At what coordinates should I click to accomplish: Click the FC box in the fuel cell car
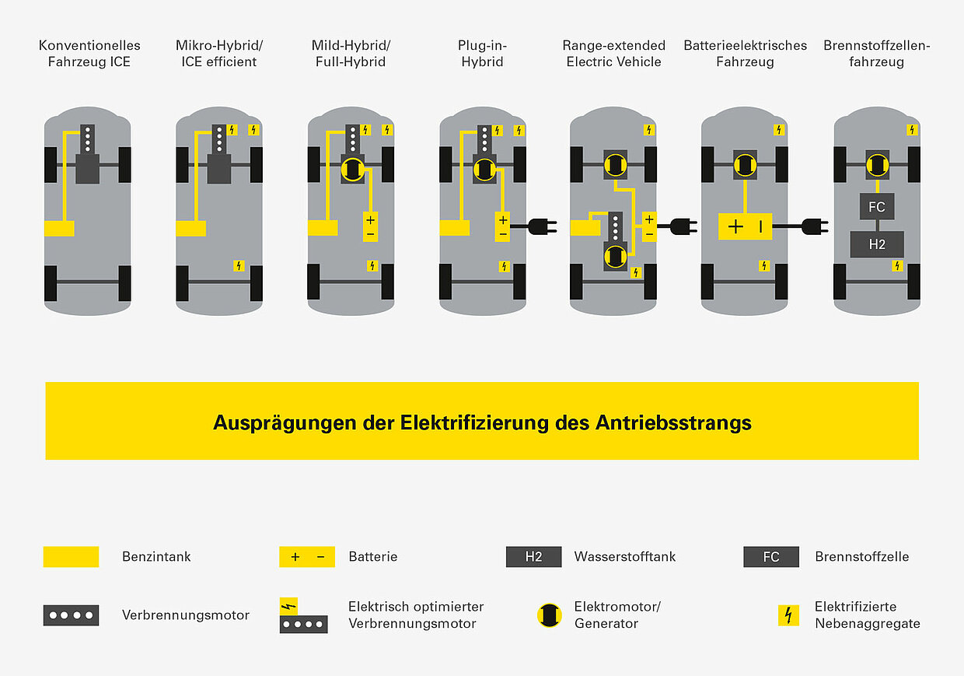(876, 207)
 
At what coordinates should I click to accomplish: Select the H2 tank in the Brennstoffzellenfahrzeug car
(876, 244)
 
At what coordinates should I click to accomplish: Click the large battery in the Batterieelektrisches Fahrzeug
(745, 226)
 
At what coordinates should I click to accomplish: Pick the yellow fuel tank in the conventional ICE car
(59, 228)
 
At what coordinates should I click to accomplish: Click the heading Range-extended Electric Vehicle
(613, 54)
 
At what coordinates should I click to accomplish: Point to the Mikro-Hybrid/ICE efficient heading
(219, 54)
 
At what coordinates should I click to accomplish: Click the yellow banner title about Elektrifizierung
(482, 423)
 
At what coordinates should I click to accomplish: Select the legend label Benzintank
(156, 557)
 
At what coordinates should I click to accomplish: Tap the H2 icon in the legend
(533, 557)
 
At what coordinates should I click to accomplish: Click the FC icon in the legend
(770, 557)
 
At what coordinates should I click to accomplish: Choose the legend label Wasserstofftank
(624, 557)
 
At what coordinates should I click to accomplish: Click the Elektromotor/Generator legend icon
(549, 615)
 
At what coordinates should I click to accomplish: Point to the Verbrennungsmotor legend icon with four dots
(71, 615)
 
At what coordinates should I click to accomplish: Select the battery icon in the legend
(307, 557)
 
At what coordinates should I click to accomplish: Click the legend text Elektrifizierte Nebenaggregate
(867, 615)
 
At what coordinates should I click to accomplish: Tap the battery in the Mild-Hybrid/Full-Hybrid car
(370, 226)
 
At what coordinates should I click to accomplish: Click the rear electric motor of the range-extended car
(615, 255)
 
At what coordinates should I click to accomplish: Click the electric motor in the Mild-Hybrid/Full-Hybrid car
(353, 168)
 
